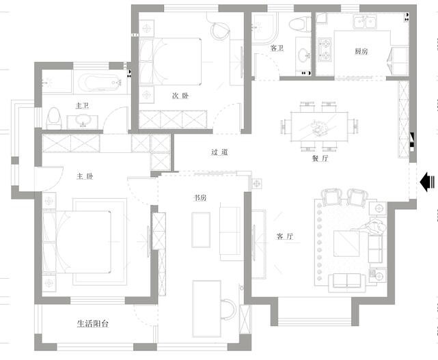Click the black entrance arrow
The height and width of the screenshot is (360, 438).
click(427, 182)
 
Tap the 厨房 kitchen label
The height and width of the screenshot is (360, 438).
click(361, 51)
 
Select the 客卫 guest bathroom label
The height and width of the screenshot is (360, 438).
click(277, 48)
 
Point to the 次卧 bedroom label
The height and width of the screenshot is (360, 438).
click(180, 96)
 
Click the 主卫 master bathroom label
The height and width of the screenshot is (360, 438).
click(82, 106)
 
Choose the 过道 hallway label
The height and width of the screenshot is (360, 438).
click(219, 152)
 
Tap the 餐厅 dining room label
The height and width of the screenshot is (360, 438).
click(320, 158)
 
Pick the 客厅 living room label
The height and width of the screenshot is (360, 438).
click(285, 236)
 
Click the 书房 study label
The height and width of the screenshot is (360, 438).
click(200, 198)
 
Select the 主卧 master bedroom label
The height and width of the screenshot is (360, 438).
click(85, 176)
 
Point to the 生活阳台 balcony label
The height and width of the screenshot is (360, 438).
click(93, 324)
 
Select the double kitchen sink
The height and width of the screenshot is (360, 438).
click(366, 23)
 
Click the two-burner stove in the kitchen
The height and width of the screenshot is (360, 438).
click(325, 49)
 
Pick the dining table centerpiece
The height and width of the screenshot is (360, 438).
click(319, 128)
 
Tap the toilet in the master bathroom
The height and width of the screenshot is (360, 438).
click(54, 119)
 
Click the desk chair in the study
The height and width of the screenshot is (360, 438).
click(228, 309)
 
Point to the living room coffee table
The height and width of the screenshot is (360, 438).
click(346, 243)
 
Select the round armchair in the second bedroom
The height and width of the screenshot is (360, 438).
click(220, 31)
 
